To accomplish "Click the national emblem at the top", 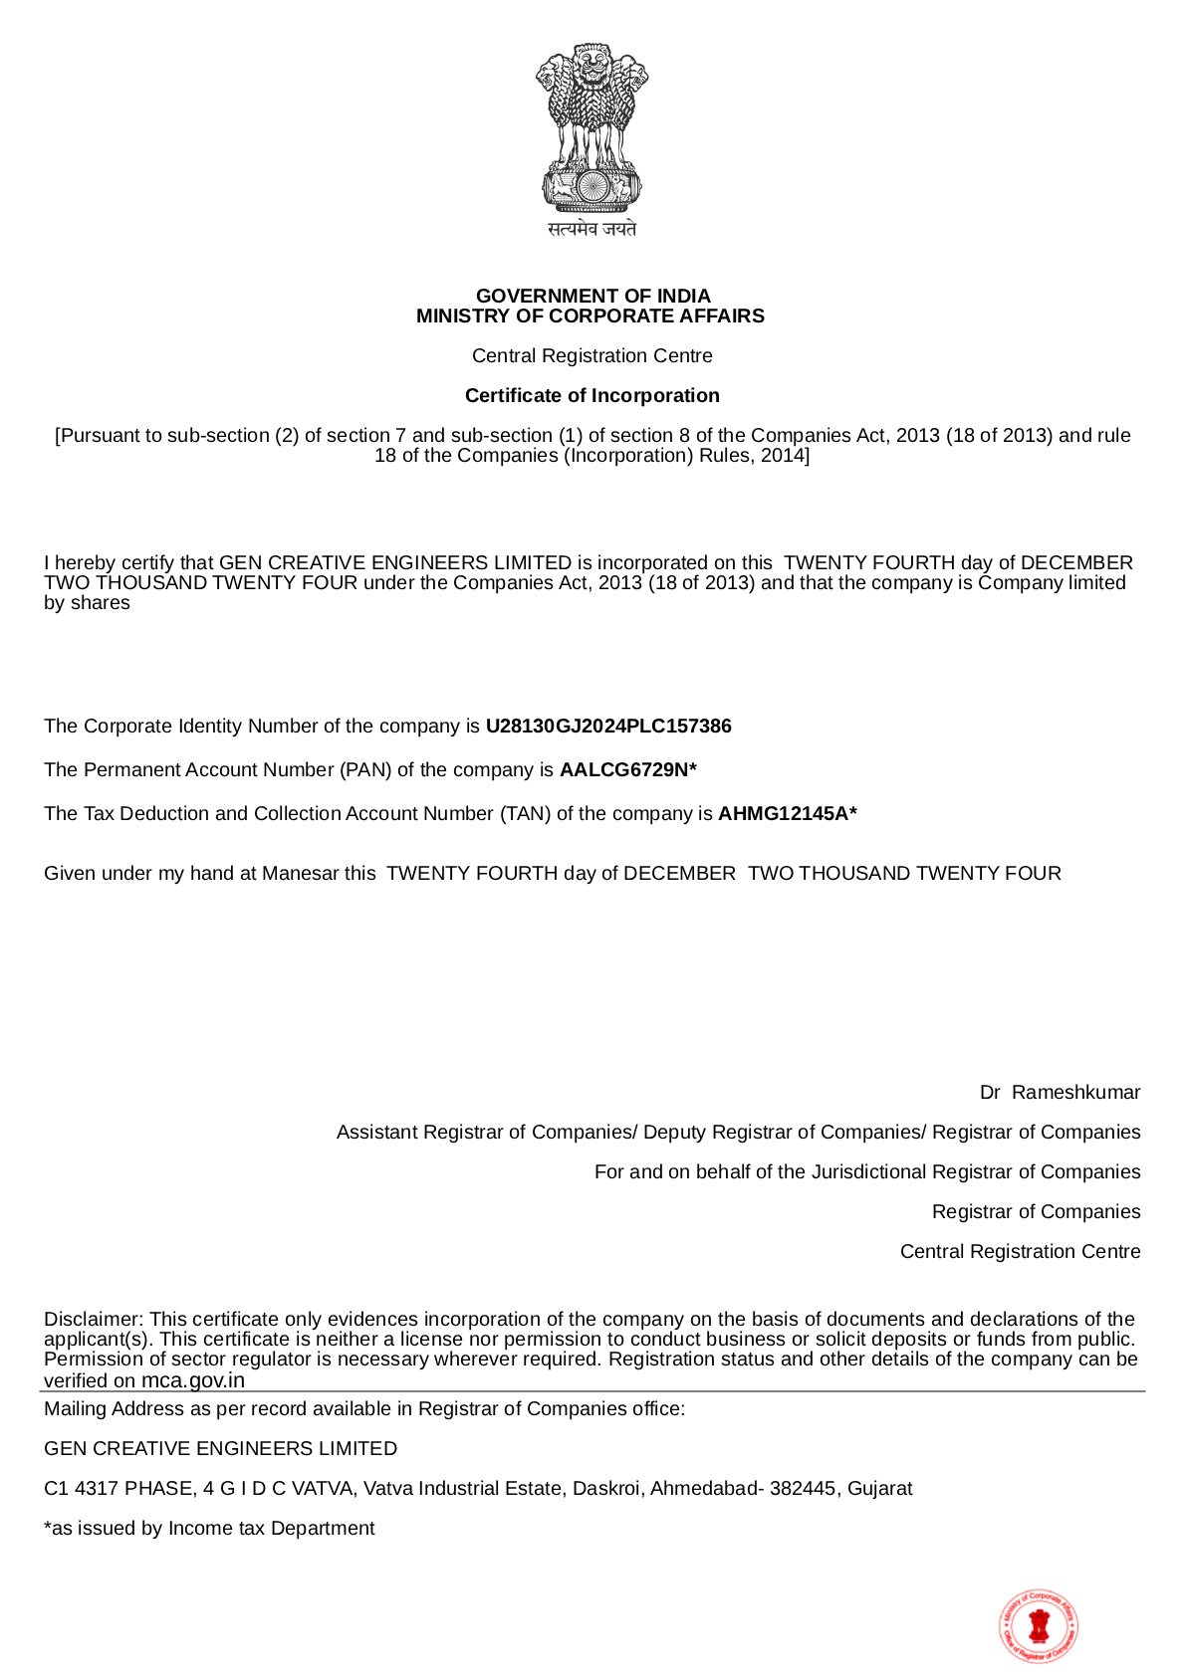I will [592, 126].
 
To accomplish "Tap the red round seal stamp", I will [1039, 1625].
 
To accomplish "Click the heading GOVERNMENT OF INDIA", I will [592, 296].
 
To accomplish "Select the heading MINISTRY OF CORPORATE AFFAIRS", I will [591, 315].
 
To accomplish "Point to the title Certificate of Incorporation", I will [592, 395].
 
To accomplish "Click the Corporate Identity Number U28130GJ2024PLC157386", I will [608, 726].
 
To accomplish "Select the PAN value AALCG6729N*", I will [627, 769].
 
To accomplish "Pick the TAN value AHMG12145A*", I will [787, 813].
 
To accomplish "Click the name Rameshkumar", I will [1075, 1092].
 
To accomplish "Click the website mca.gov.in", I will [192, 1379].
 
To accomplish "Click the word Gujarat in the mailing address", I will [879, 1488].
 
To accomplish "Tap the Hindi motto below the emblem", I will [592, 229].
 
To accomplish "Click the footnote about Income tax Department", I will [209, 1528].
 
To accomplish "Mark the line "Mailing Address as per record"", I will [364, 1408].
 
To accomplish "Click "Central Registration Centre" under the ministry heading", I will [592, 355].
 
